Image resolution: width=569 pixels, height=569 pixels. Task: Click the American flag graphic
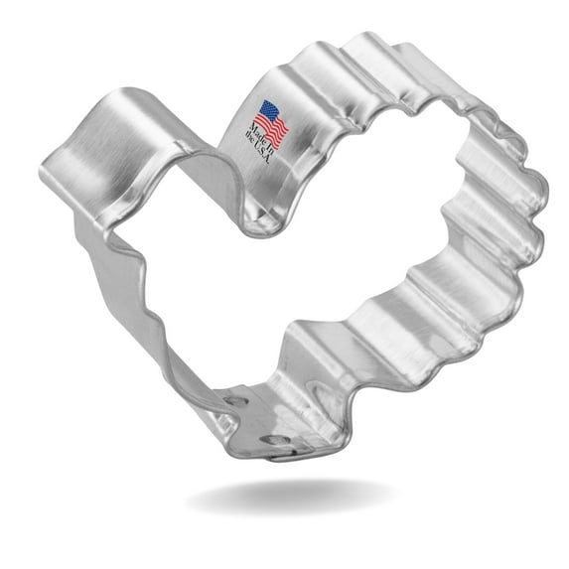(x=271, y=122)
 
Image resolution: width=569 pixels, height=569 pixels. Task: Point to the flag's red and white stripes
(x=275, y=127)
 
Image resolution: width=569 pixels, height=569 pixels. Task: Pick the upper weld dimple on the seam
(x=234, y=401)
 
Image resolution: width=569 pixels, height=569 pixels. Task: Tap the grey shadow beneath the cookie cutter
(x=288, y=497)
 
